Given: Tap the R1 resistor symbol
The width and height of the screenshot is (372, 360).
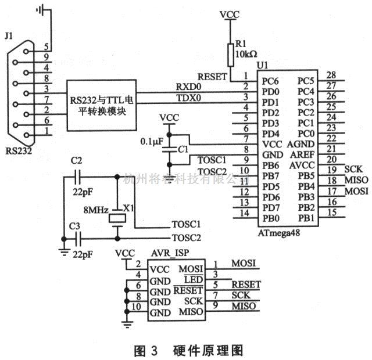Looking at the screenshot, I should pos(231,53).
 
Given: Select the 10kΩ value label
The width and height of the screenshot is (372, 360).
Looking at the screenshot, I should pos(246,54).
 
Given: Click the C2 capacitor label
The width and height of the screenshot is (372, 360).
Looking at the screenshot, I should pos(76,161).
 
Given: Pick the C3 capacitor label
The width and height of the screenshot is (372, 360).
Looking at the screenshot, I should pos(74,225).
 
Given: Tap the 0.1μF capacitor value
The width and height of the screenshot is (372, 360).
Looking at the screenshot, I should pos(152,141).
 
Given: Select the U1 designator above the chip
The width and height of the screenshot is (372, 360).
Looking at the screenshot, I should pos(263,64).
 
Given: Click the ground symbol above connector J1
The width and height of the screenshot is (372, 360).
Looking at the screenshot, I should pos(42,9).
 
